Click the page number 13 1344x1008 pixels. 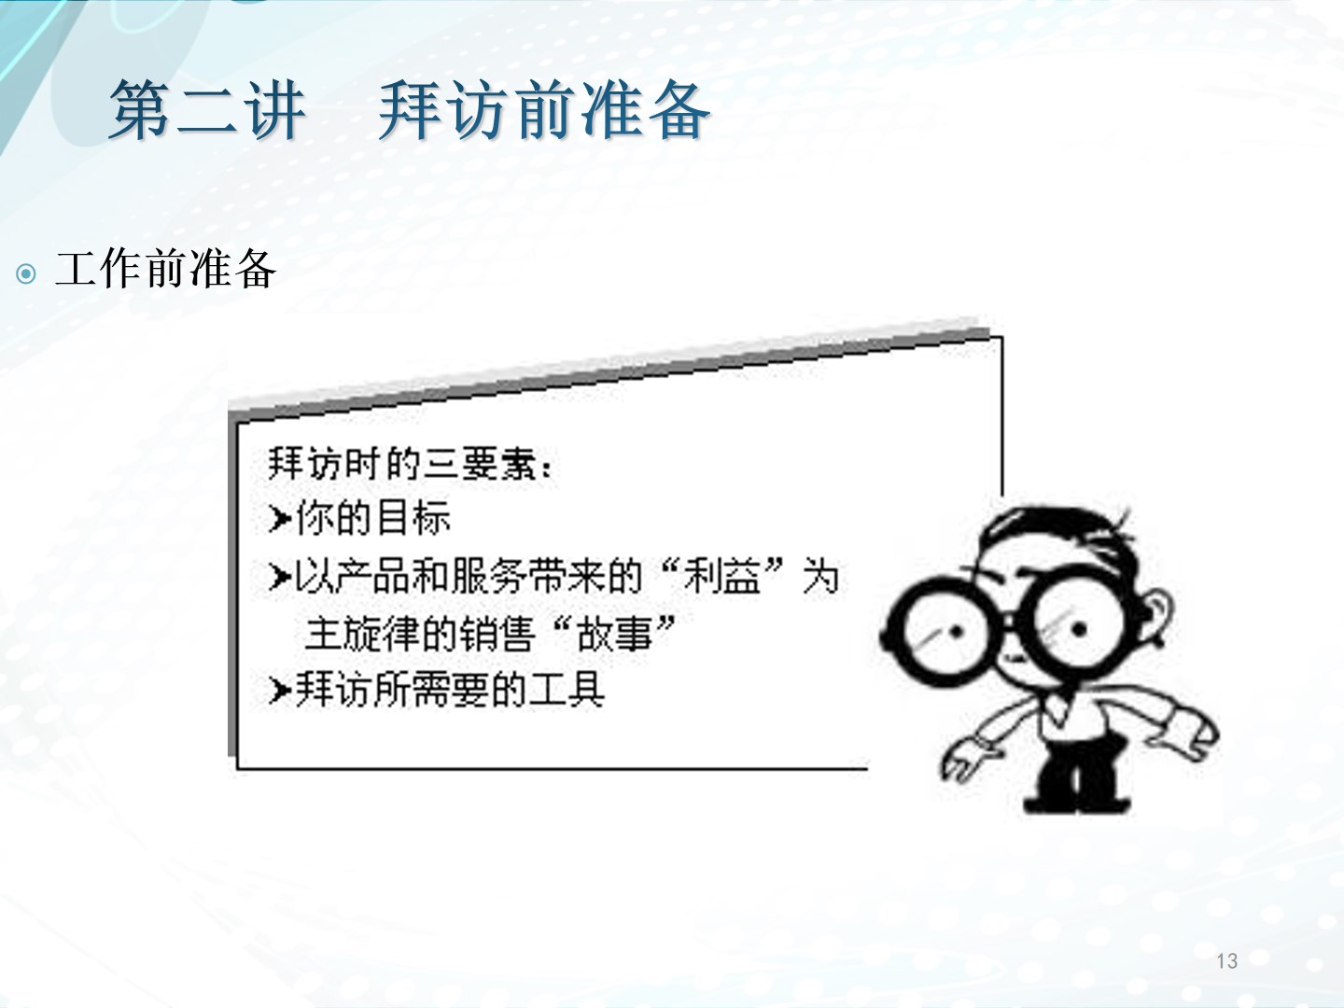(1226, 960)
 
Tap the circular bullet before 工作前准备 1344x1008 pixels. (26, 273)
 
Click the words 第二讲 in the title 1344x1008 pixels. (207, 110)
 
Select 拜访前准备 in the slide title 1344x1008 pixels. (544, 110)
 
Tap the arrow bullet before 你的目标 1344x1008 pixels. (279, 519)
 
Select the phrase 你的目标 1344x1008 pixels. (373, 518)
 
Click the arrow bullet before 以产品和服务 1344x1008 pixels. (279, 577)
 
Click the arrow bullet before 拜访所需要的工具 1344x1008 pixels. (279, 691)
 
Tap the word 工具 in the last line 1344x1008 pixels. (567, 690)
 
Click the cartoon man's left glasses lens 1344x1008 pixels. (938, 632)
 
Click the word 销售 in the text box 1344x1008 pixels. (496, 633)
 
